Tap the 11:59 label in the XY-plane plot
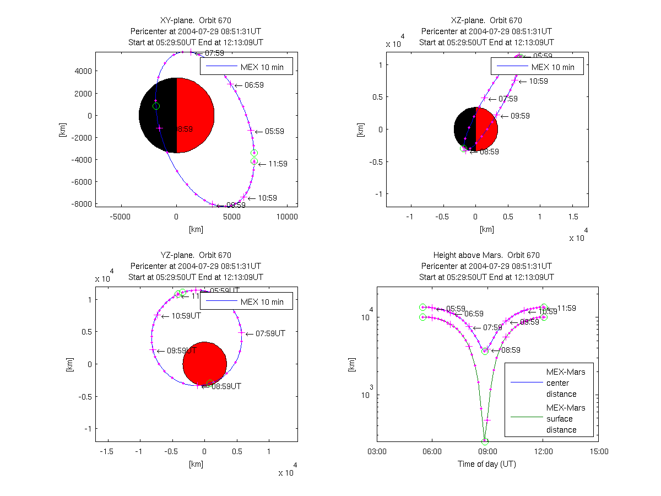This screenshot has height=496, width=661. [x=277, y=164]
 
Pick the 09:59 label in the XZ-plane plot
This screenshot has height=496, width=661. [x=520, y=116]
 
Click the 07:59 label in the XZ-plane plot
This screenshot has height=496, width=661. [x=508, y=99]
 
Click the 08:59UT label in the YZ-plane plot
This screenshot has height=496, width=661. [x=226, y=386]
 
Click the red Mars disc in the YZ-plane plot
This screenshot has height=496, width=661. [x=205, y=364]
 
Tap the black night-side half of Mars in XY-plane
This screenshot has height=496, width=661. [x=158, y=115]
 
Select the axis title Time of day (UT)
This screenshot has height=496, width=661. [x=487, y=464]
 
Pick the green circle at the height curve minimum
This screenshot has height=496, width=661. [x=485, y=441]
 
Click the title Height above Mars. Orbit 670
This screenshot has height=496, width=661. [x=486, y=255]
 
